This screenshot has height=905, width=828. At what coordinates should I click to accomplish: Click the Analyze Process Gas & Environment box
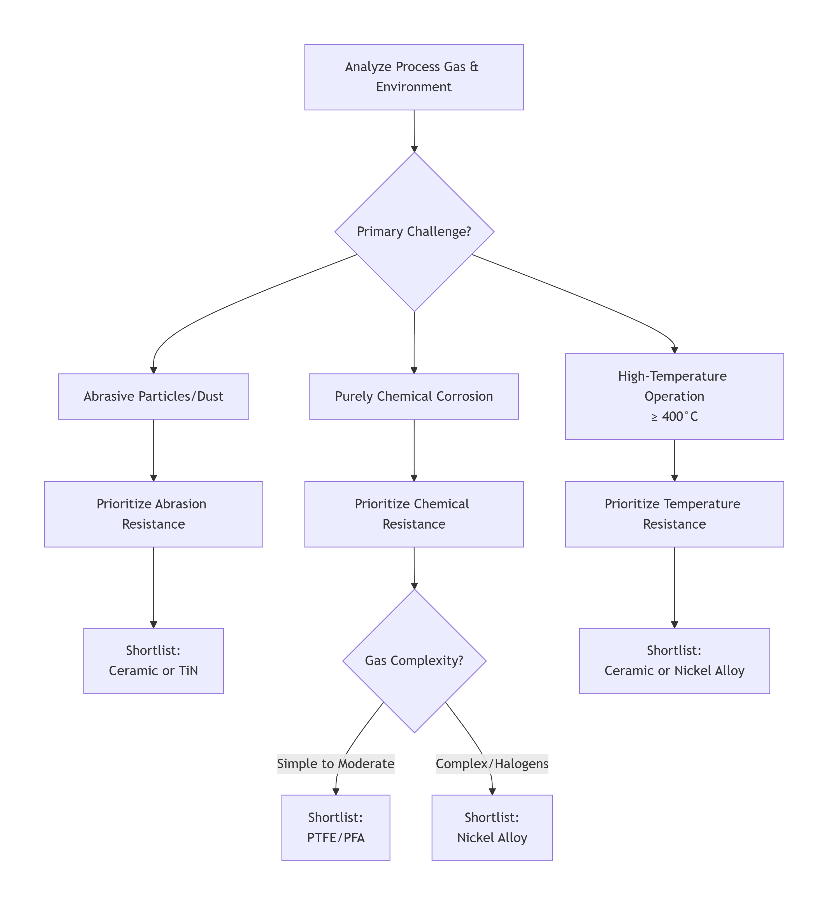[x=413, y=77]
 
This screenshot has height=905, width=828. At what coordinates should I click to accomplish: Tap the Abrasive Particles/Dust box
[x=153, y=396]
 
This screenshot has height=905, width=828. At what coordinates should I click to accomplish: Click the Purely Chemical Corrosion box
[x=413, y=396]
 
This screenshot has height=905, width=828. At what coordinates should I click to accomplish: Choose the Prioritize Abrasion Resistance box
[x=153, y=514]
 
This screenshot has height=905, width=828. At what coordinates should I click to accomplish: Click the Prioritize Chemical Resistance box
[x=413, y=514]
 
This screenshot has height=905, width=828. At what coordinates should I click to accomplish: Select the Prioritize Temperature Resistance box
[x=674, y=514]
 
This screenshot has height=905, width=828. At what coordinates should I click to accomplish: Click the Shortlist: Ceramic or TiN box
[x=153, y=661]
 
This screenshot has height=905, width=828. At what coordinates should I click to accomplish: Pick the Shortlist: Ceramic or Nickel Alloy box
[x=674, y=661]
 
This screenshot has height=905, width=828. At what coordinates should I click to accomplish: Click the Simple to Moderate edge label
[x=336, y=763]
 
